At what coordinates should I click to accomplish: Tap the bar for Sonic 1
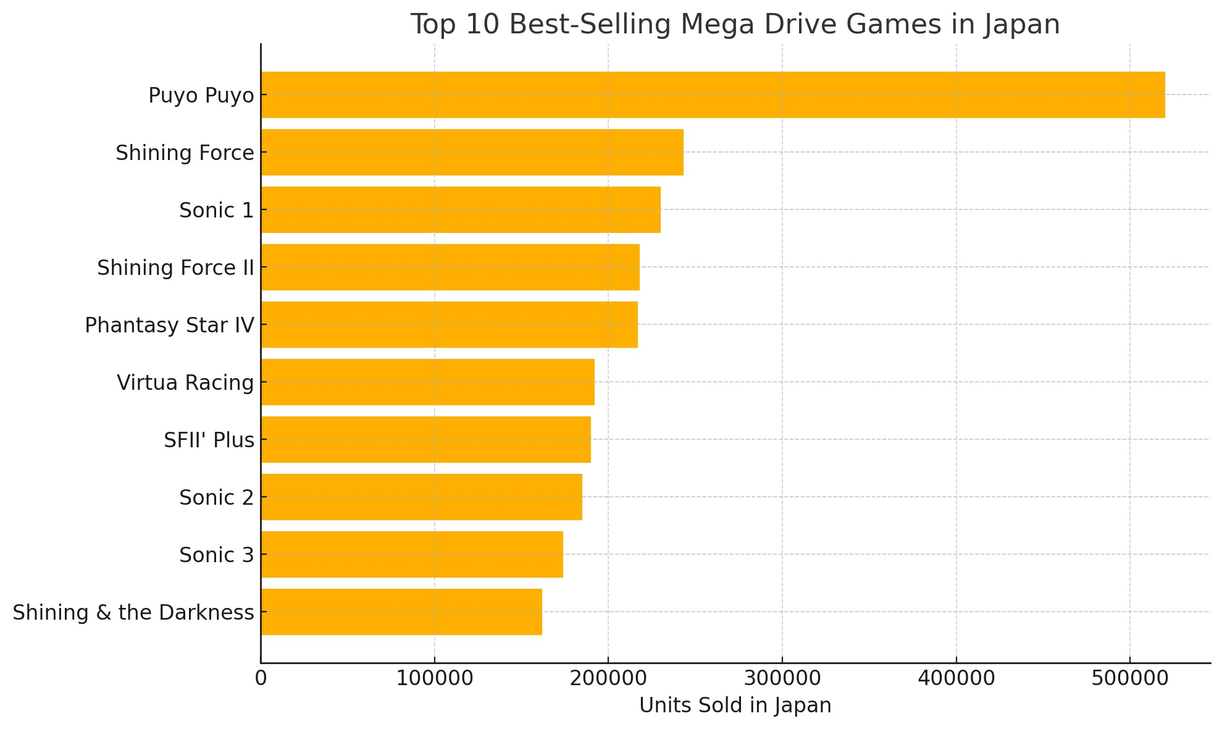pos(461,209)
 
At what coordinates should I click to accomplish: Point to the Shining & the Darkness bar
pos(401,612)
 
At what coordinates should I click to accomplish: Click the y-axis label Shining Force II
pos(175,268)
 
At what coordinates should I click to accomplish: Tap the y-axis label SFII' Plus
pos(209,440)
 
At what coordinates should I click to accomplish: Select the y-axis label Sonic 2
pos(216,498)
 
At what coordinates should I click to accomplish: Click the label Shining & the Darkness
pos(133,613)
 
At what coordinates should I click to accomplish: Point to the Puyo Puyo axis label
pos(201,96)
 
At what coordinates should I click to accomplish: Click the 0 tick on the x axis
pos(261,678)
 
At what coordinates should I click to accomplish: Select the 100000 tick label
pos(434,678)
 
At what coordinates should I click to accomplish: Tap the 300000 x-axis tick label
pos(782,678)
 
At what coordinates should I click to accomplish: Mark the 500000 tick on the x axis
pos(1129,678)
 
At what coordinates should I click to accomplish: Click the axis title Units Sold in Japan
pos(735,706)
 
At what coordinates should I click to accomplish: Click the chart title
pos(735,25)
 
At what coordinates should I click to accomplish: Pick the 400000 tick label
pos(956,678)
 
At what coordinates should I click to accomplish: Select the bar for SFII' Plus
pos(425,439)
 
